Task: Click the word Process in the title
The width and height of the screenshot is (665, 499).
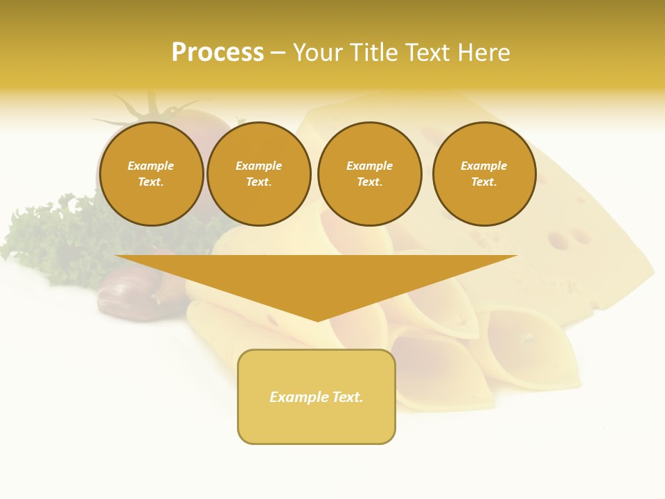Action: pyautogui.click(x=218, y=53)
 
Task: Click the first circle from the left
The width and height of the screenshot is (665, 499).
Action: pyautogui.click(x=152, y=174)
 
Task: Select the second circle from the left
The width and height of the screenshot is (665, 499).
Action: pyautogui.click(x=259, y=174)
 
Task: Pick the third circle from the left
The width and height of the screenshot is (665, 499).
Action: pyautogui.click(x=370, y=174)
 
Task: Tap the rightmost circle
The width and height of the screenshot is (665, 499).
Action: pyautogui.click(x=484, y=174)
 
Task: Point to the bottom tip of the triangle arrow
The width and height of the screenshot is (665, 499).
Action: pyautogui.click(x=317, y=319)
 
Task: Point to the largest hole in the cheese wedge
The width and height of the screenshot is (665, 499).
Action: pyautogui.click(x=558, y=240)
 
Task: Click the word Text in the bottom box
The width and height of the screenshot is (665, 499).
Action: pyautogui.click(x=346, y=397)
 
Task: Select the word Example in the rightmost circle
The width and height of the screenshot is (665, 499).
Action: pyautogui.click(x=484, y=166)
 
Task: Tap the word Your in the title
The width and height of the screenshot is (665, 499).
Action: pyautogui.click(x=317, y=53)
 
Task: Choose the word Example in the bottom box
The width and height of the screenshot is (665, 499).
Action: pyautogui.click(x=298, y=397)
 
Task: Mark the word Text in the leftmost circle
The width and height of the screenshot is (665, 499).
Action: pyautogui.click(x=151, y=182)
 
